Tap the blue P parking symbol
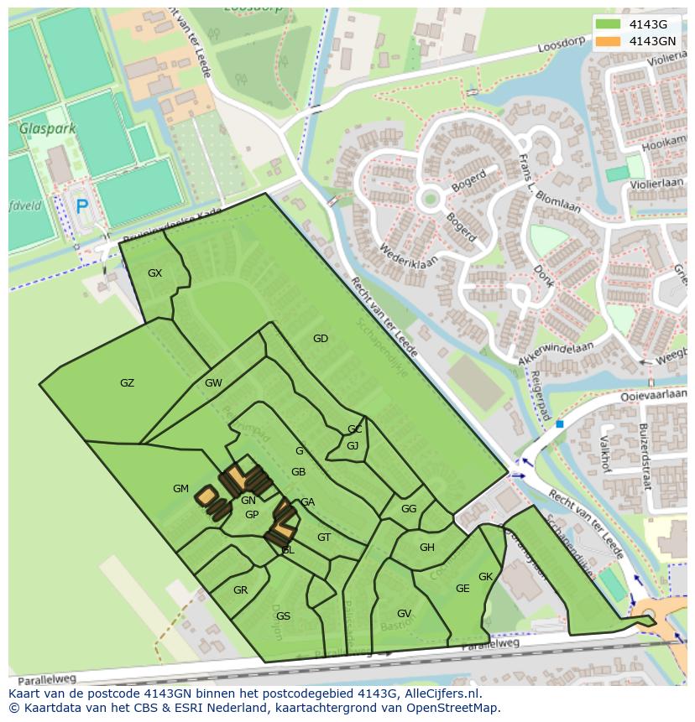pos(81,206)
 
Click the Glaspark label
pos(48,129)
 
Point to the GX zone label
pos(154,273)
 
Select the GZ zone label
pos(127,383)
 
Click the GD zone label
pos(320,339)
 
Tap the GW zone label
pos(213,383)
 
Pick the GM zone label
pos(180,489)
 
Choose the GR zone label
pos(240,590)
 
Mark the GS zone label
pos(283,616)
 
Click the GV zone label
pos(404,614)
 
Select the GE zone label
pos(462,589)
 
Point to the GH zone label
pos(426,548)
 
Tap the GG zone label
pos(409,509)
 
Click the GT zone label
pos(324,538)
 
